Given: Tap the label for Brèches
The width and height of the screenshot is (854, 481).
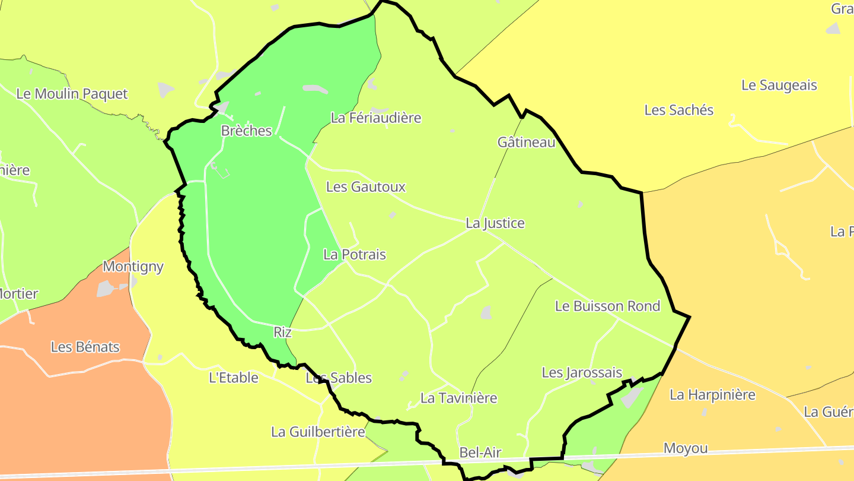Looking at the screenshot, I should pos(246,131).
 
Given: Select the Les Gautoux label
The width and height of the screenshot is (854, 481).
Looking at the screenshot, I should pos(366,187).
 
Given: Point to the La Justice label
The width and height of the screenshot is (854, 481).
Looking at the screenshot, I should pos(495,223).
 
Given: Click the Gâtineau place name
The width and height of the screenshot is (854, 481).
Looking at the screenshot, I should pos(527,143).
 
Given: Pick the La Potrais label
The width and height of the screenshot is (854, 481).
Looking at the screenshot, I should pos(355,255).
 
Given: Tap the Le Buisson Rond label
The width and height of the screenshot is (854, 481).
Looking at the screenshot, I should pos(607,306).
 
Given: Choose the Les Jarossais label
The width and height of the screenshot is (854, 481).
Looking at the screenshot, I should pos(582,373).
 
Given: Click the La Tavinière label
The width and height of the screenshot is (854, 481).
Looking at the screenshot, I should pos(458,398).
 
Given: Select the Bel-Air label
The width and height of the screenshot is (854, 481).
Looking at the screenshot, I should pos(480,453).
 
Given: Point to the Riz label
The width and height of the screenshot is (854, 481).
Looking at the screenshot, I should pos(282,333).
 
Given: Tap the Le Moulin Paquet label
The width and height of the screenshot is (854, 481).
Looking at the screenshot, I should pos(72,94).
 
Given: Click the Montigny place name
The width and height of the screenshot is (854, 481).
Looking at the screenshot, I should pos(133,267).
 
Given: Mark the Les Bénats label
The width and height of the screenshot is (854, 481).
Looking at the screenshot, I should pos(85,347).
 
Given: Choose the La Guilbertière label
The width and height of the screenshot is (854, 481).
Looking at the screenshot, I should pos(318,432).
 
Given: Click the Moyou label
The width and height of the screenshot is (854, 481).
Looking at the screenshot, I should pos(686,449).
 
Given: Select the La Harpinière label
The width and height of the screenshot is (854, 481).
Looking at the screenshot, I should pos(712,395).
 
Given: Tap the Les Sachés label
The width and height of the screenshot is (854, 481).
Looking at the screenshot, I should pos(679,110).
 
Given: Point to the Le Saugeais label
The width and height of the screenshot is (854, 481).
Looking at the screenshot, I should pos(779,86).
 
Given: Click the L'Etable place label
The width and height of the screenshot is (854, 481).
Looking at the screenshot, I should pos(234,378).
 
